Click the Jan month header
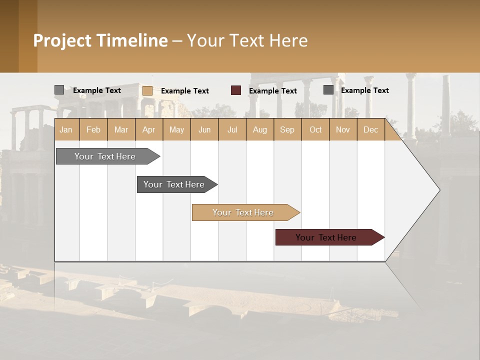click(x=66, y=130)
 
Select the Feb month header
click(x=93, y=130)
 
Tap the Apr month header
click(x=149, y=130)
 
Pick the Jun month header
click(x=204, y=130)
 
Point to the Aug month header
click(x=260, y=130)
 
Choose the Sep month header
click(x=287, y=130)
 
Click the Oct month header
click(x=315, y=130)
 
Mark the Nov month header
click(x=343, y=130)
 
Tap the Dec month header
click(x=371, y=130)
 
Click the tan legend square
click(x=147, y=90)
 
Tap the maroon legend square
click(x=236, y=90)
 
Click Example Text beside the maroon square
click(x=273, y=91)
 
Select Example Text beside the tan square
click(x=185, y=91)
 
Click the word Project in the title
click(x=62, y=40)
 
